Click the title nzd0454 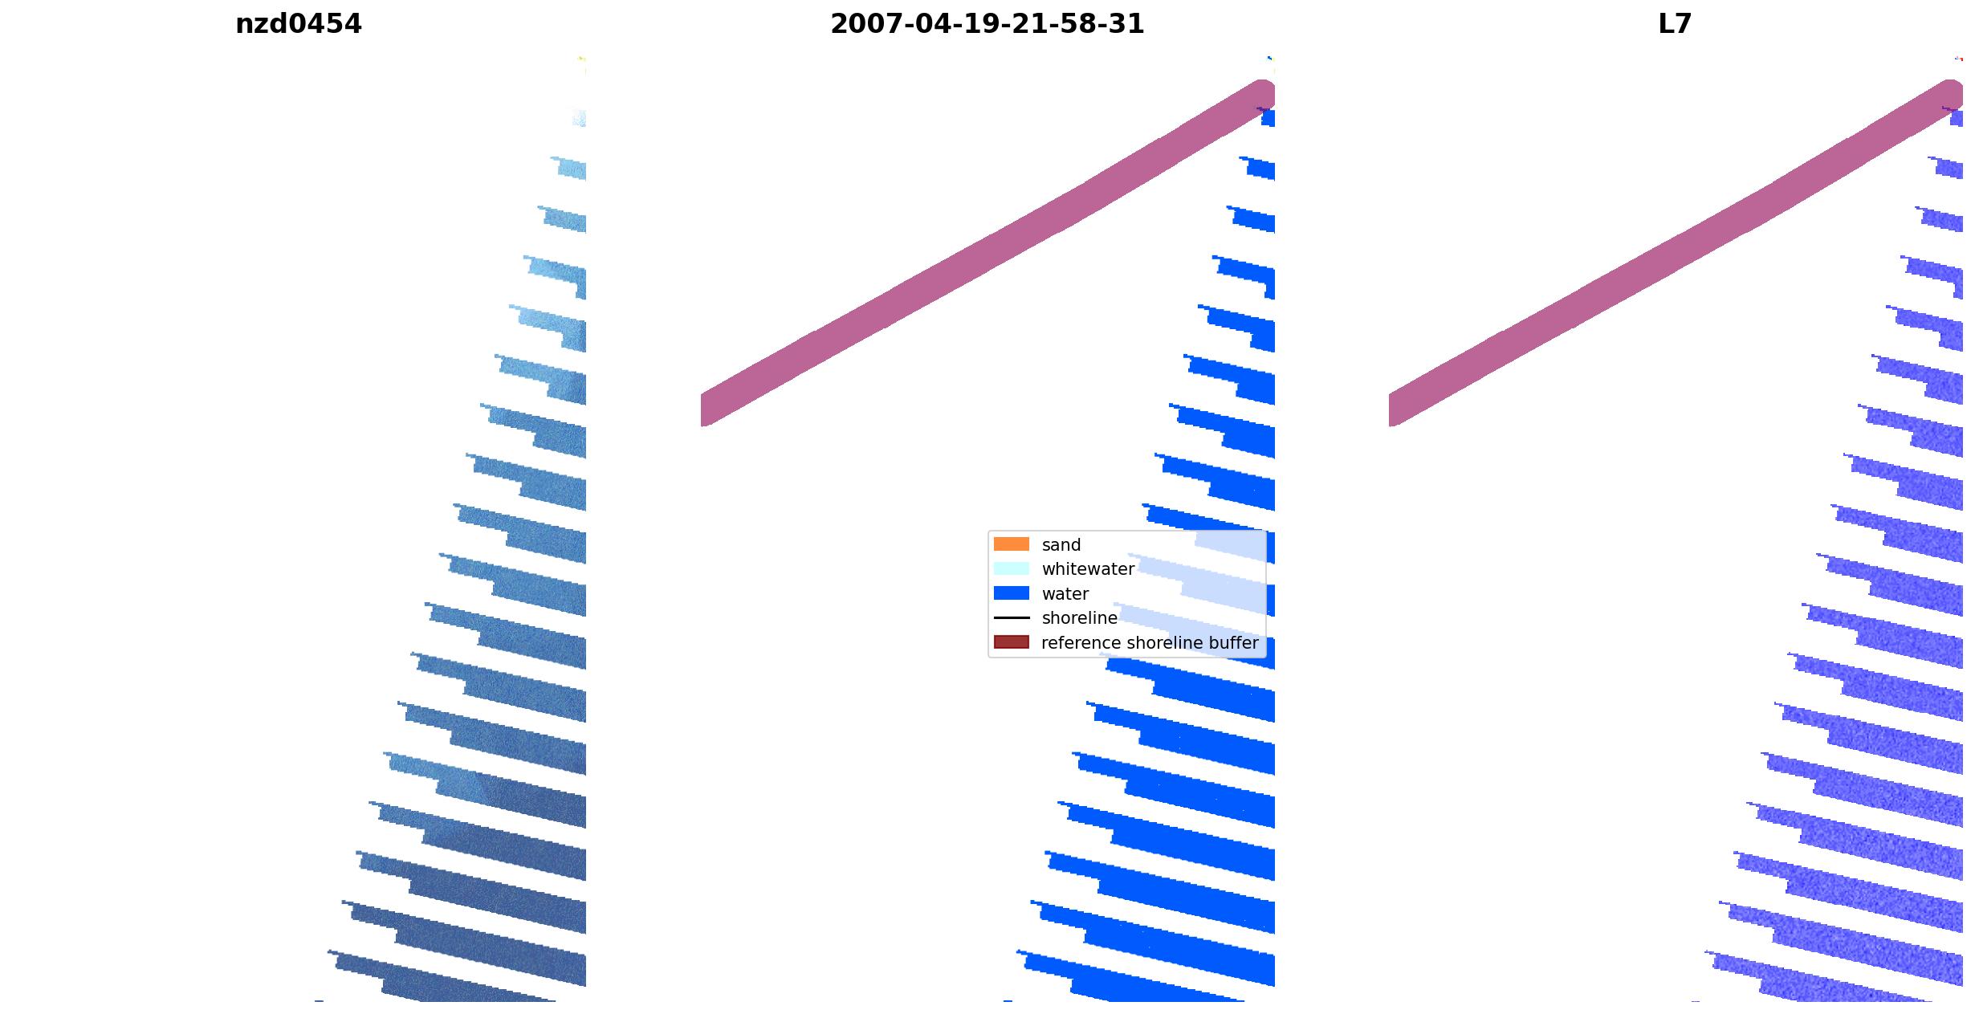coord(298,24)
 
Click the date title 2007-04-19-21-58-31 coord(987,24)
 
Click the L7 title coord(1675,24)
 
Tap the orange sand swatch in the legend coord(1011,544)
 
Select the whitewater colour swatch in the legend coord(1011,569)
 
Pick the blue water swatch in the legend coord(1011,593)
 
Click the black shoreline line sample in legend coord(1011,618)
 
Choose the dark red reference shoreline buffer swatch coord(1011,642)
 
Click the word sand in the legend coord(1061,545)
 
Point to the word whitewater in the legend coord(1088,569)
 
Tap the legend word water coord(1065,594)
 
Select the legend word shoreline coord(1079,618)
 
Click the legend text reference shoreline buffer coord(1150,643)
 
